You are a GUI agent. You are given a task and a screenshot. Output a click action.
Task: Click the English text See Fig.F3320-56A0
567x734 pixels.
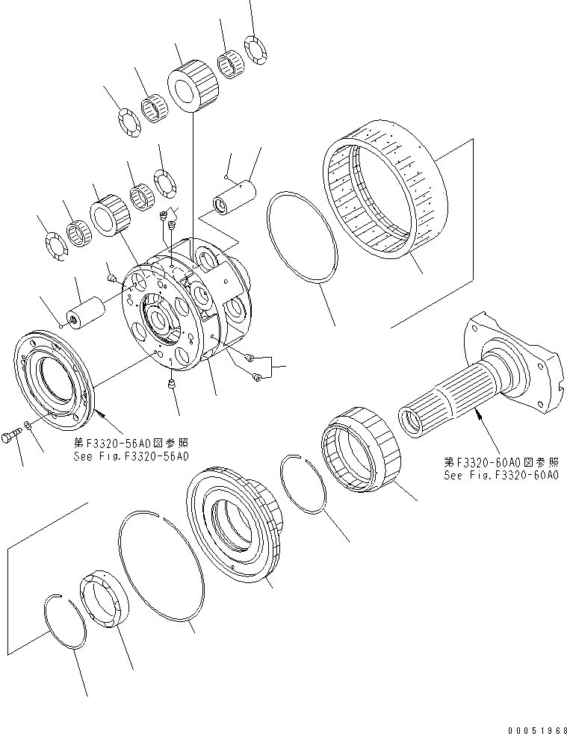coord(131,455)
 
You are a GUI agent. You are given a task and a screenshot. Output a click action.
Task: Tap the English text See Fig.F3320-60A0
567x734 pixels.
coord(501,476)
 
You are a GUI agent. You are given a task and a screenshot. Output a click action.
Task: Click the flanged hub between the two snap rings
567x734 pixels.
coord(235,523)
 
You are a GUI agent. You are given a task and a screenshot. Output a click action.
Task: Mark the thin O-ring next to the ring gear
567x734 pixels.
coord(302,238)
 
